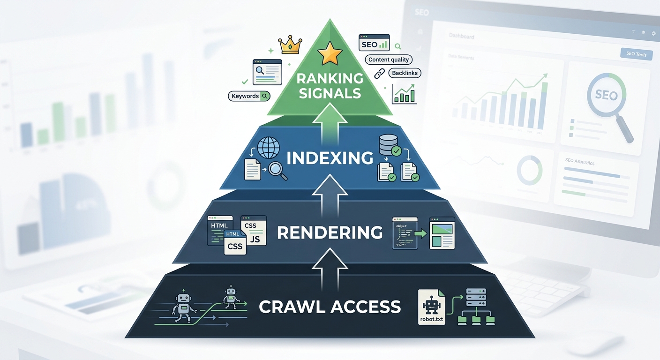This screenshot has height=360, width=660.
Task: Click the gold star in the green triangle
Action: pos(330,55)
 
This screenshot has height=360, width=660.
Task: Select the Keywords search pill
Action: pos(249,96)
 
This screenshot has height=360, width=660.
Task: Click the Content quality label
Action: pos(389,60)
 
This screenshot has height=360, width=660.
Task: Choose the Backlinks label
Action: pos(405,73)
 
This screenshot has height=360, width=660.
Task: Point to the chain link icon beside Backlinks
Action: pos(379,73)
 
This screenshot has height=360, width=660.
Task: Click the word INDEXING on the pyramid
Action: pos(330,158)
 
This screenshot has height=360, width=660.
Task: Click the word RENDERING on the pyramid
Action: pos(330,232)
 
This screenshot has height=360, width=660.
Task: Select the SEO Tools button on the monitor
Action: pos(636,54)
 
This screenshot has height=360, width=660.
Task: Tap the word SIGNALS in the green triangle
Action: pos(330,93)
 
